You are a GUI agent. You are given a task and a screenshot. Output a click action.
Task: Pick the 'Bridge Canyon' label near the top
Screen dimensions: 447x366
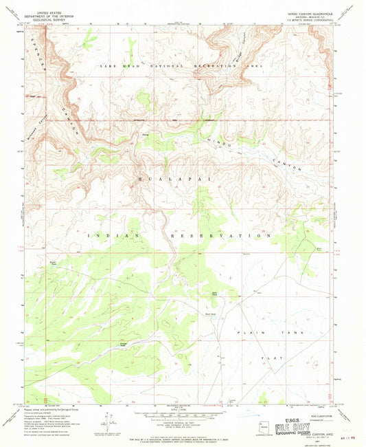218,39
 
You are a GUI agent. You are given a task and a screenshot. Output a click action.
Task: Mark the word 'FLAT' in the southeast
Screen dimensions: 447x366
272,358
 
